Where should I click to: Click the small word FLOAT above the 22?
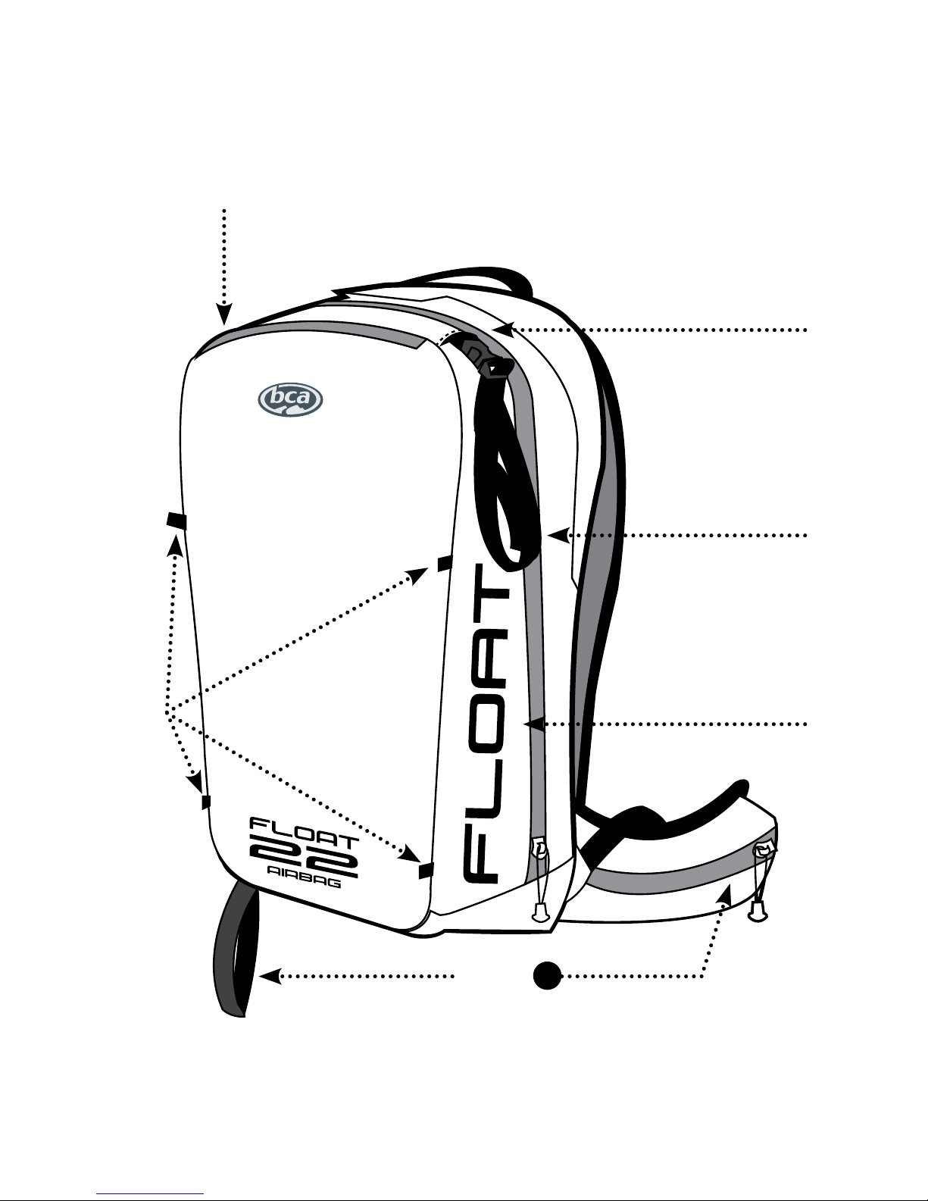302,827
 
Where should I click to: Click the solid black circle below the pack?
545,975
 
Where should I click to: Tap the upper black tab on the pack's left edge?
177,521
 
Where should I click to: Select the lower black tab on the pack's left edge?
205,801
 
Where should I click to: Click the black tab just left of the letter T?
445,563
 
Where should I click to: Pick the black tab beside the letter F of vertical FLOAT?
426,871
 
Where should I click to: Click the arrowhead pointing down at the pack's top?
224,314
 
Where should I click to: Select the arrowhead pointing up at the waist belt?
727,894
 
